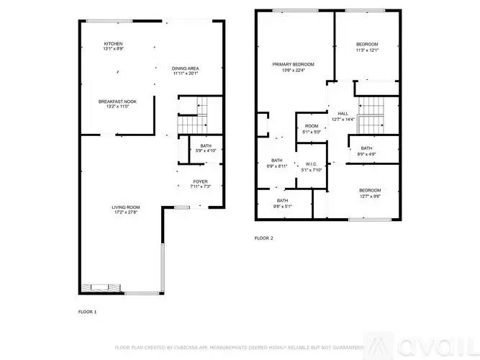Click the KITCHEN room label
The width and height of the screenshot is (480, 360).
tap(113, 44)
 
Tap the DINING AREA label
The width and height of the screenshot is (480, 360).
tap(185, 68)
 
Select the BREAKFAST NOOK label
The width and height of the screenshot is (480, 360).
tap(117, 102)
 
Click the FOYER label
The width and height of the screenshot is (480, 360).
tap(200, 181)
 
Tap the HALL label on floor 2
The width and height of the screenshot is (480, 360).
tap(343, 113)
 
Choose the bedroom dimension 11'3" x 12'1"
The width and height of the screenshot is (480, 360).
tap(367, 50)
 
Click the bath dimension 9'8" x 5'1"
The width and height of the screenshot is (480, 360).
tap(282, 206)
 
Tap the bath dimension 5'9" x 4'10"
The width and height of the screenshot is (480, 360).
tap(196, 151)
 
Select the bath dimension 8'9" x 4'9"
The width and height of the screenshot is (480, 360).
tap(367, 154)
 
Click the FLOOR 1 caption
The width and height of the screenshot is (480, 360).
tap(87, 312)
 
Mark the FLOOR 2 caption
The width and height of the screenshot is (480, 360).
tap(264, 238)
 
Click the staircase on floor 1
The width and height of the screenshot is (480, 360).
tap(192, 108)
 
